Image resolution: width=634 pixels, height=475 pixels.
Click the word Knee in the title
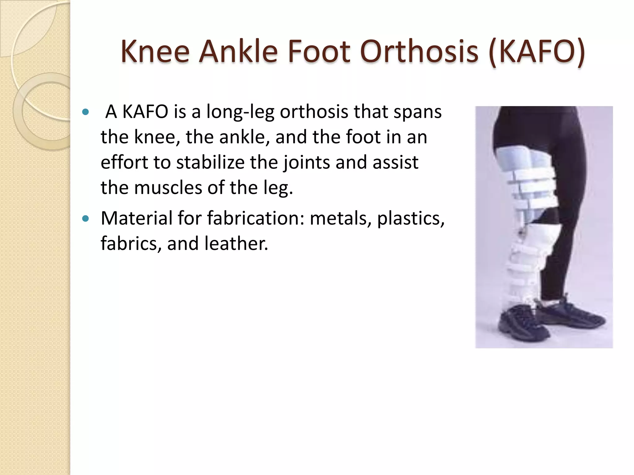click(155, 51)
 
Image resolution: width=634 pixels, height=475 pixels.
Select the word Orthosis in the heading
click(419, 51)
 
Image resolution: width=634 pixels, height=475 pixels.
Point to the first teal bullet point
click(86, 112)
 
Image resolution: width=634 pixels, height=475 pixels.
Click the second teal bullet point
click(86, 219)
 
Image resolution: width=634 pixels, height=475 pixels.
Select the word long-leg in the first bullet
click(240, 112)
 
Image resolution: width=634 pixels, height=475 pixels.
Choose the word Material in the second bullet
click(136, 218)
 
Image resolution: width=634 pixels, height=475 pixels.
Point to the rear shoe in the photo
click(573, 312)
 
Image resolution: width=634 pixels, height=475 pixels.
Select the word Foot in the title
click(319, 51)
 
